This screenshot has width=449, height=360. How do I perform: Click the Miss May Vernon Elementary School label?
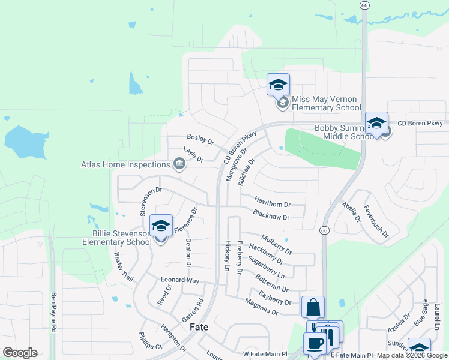coord(326,103)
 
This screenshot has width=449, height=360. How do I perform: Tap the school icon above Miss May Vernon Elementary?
coord(278,85)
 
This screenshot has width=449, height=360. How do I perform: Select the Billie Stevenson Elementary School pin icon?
coord(161,226)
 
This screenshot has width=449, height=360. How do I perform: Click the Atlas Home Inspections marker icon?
coord(179,164)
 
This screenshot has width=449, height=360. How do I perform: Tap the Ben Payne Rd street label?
coord(54,313)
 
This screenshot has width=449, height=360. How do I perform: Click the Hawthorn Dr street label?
coord(272,203)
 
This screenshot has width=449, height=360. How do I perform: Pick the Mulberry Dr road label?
coord(276,244)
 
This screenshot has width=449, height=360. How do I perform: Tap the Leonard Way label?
coord(179,280)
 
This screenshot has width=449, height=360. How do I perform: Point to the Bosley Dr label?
coord(200,140)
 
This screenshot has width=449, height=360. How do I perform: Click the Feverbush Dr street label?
coord(376,221)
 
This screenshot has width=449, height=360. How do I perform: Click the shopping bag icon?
coord(313,307)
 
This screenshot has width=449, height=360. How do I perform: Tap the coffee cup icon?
coord(315,344)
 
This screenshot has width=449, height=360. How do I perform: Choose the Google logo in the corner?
coord(20,353)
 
